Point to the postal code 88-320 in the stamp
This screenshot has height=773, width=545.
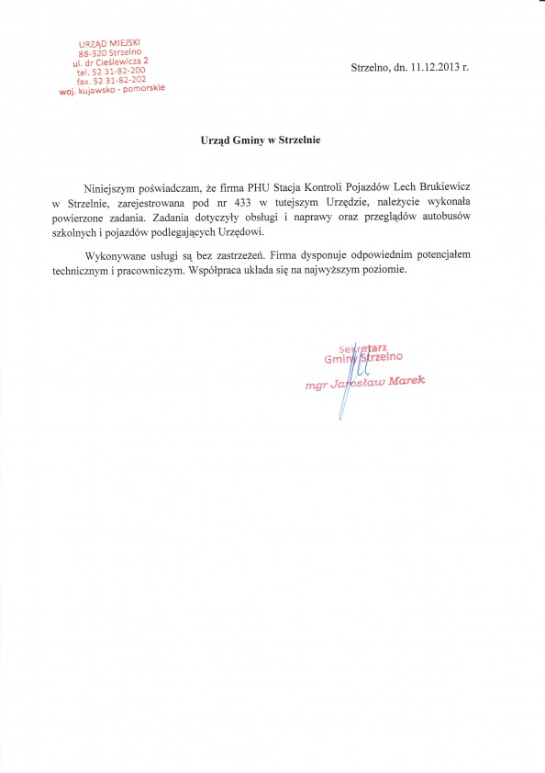[93, 55]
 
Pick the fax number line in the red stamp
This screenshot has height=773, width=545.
[111, 82]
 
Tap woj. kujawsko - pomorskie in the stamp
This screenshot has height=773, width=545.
[111, 92]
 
